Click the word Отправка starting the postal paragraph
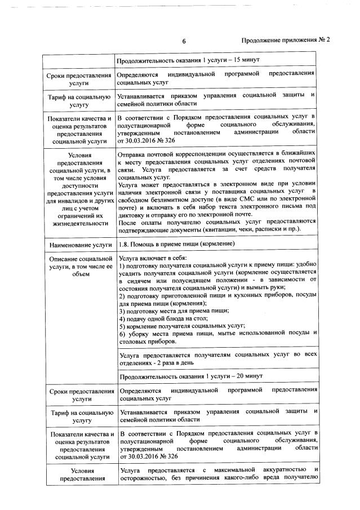pyautogui.click(x=133, y=154)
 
